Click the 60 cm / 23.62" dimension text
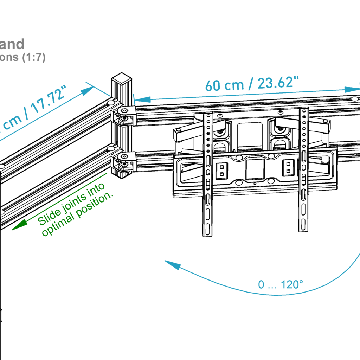tap(252, 84)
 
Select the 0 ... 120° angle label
tap(280, 284)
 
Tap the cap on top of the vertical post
tap(122, 79)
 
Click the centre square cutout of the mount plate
tap(255, 169)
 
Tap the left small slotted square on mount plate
tap(221, 169)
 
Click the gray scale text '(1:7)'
tap(34, 58)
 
